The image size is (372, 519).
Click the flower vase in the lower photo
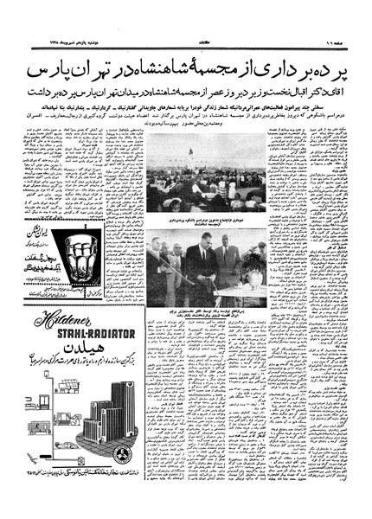(252, 278)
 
